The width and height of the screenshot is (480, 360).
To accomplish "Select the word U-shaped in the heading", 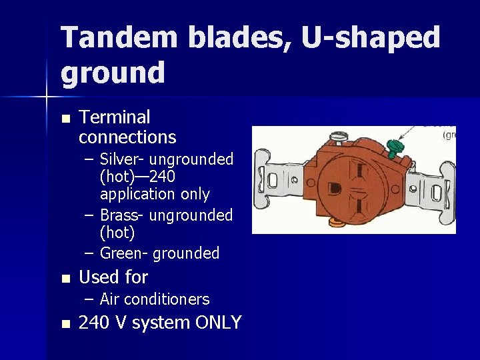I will pyautogui.click(x=371, y=39).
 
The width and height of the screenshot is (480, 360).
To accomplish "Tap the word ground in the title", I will pyautogui.click(x=113, y=73).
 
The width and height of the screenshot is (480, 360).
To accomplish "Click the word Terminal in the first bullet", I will pyautogui.click(x=114, y=117).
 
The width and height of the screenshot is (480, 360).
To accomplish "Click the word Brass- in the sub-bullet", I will pyautogui.click(x=122, y=215).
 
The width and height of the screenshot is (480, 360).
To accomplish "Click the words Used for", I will pyautogui.click(x=113, y=277).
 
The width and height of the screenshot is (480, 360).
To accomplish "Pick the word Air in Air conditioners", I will pyautogui.click(x=109, y=299).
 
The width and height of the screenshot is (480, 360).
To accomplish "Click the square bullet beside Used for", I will pyautogui.click(x=65, y=278).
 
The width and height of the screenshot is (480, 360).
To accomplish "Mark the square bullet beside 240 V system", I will pyautogui.click(x=65, y=324).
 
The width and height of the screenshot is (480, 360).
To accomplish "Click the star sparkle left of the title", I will pyautogui.click(x=47, y=98).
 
